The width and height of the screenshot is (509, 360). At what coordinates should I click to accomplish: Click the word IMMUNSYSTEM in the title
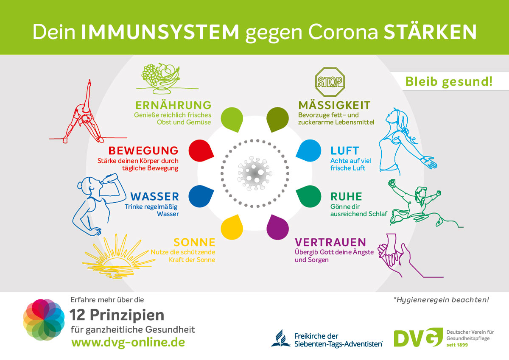[160, 32]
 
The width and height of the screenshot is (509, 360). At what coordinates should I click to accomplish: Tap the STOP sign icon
[330, 82]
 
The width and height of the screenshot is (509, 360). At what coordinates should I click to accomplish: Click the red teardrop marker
[201, 151]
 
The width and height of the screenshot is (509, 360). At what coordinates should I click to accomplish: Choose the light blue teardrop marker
[309, 151]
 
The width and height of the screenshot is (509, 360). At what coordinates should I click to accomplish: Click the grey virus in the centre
[255, 173]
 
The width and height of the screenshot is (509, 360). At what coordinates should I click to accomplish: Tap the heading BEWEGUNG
[143, 151]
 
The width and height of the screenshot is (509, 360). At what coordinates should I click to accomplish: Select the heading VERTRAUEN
[330, 243]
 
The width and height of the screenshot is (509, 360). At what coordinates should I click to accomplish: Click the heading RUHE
[346, 196]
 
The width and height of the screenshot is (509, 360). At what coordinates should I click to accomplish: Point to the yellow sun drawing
[119, 256]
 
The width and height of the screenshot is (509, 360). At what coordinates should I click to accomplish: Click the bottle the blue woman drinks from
[109, 179]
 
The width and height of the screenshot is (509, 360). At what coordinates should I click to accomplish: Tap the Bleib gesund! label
[449, 82]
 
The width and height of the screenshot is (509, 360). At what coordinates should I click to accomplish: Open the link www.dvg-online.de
[129, 342]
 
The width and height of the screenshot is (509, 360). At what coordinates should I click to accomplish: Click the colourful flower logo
[44, 320]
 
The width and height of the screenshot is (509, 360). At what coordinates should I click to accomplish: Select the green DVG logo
[418, 338]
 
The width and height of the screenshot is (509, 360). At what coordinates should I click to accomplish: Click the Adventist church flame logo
[281, 338]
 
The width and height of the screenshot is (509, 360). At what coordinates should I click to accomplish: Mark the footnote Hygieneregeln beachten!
[441, 300]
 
